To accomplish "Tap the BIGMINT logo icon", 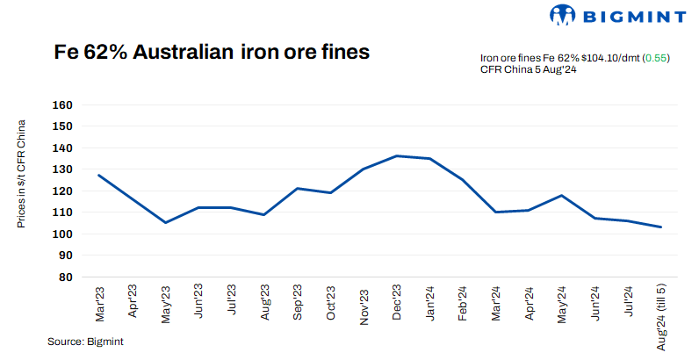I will pyautogui.click(x=562, y=15).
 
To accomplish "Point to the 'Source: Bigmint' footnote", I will pyautogui.click(x=86, y=342).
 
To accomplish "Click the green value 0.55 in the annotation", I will pyautogui.click(x=657, y=57).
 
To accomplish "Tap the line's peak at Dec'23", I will pyautogui.click(x=397, y=156).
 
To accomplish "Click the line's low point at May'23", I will pyautogui.click(x=165, y=222).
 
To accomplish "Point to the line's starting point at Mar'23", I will pyautogui.click(x=99, y=175).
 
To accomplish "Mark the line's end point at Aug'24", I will pyautogui.click(x=661, y=227).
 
